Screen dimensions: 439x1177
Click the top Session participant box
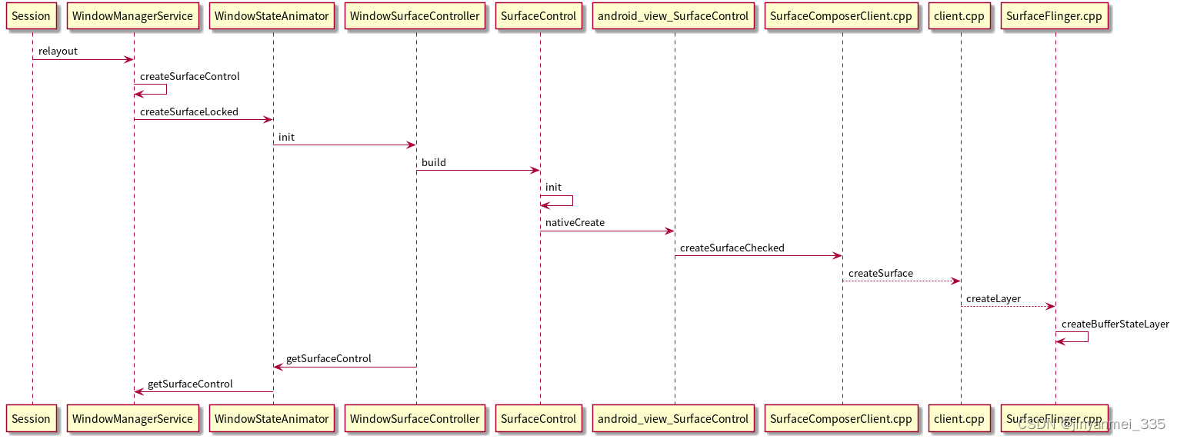(32, 16)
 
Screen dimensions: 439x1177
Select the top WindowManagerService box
(133, 16)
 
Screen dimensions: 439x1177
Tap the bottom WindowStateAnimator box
(272, 419)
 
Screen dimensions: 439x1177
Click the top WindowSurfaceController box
(415, 16)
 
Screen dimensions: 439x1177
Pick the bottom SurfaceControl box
(538, 419)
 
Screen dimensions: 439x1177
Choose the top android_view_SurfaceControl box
(674, 16)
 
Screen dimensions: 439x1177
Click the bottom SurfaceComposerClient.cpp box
(841, 419)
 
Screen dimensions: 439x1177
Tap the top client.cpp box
(960, 16)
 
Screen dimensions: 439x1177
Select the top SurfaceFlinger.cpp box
(1055, 16)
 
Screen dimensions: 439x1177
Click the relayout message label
(58, 52)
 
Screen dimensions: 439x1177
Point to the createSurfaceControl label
(189, 77)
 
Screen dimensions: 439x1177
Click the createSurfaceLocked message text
(188, 112)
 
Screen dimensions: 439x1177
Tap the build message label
(433, 163)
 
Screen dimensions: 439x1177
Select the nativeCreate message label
(575, 223)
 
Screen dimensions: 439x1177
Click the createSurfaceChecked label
(732, 248)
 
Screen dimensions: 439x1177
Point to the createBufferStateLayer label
(1115, 324)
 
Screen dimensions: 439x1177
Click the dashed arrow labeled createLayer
(1008, 307)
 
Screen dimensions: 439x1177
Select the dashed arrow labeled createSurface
(901, 281)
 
